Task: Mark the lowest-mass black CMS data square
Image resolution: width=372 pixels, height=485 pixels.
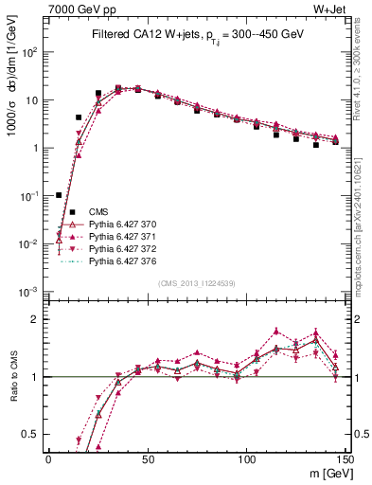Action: point(59,195)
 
